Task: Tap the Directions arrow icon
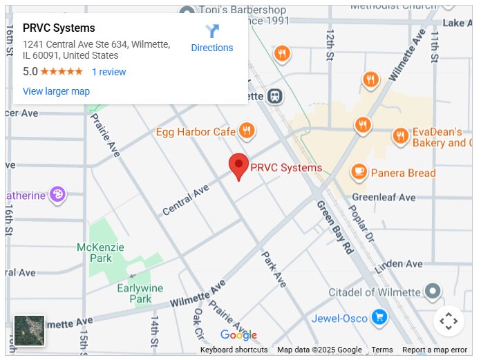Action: pos(212,31)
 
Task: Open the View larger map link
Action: pos(56,91)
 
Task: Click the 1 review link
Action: pos(109,72)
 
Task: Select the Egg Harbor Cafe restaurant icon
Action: pos(247,130)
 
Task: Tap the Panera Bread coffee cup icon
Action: pos(358,172)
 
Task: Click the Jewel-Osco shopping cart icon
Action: pos(378,318)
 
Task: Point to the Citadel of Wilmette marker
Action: pos(433,291)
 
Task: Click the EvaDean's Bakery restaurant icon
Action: pos(400,136)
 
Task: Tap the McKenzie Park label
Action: pos(101,253)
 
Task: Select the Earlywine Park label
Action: pos(140,294)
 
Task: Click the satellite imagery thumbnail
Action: pos(30,330)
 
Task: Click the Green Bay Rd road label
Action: pos(334,228)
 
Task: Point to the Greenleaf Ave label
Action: pos(384,198)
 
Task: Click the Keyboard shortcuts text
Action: pos(234,350)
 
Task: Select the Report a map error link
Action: pos(435,350)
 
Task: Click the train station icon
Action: pos(275,96)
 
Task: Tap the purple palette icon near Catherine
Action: pos(57,194)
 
